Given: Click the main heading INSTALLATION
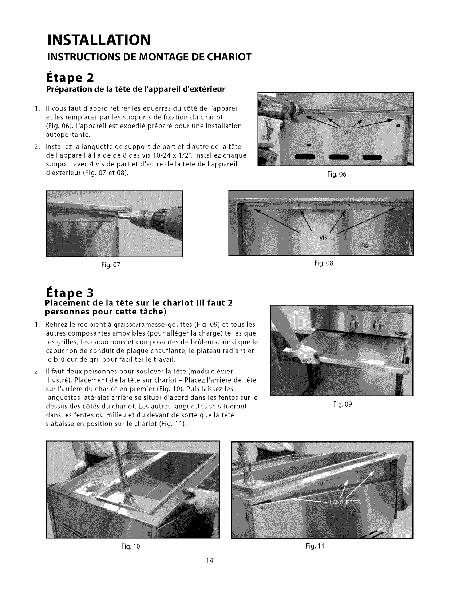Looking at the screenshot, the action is tap(99, 40).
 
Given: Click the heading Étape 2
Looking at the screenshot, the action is tap(70, 78).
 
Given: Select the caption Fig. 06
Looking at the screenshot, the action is tap(337, 174).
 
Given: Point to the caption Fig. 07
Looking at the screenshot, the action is tap(111, 265).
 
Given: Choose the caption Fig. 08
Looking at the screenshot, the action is tap(324, 263).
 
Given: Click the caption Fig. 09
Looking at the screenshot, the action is tap(342, 404).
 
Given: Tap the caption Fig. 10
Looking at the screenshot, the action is tap(131, 546).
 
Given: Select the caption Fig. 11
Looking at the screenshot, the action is tap(315, 546).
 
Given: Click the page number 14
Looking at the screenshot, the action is tap(210, 561).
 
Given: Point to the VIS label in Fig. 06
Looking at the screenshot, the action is tap(347, 133).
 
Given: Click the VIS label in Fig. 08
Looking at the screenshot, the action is tap(323, 238).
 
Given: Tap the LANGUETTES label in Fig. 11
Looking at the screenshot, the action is tap(345, 502).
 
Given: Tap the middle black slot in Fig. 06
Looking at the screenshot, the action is tap(338, 158).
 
